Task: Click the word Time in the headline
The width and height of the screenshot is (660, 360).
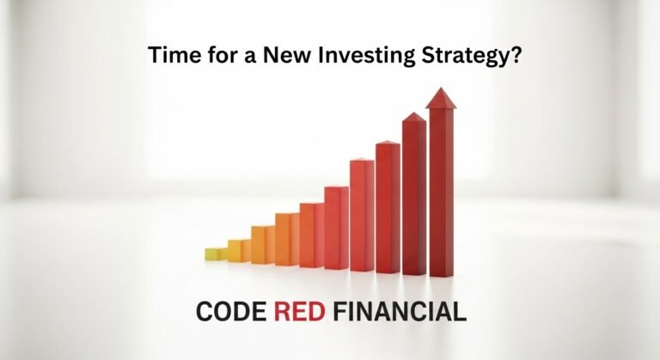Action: coord(168,56)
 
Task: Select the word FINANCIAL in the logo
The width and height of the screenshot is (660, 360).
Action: coord(401,311)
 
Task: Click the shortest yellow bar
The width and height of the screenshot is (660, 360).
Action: coord(215,253)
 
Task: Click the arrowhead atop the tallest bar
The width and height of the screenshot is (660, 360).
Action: coord(441,98)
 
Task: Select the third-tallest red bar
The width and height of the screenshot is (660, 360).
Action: coord(388,206)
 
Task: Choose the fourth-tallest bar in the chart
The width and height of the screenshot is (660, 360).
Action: coord(362,215)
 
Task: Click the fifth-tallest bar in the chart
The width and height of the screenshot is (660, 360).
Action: coord(336,227)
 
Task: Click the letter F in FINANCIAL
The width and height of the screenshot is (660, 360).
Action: coord(342,311)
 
